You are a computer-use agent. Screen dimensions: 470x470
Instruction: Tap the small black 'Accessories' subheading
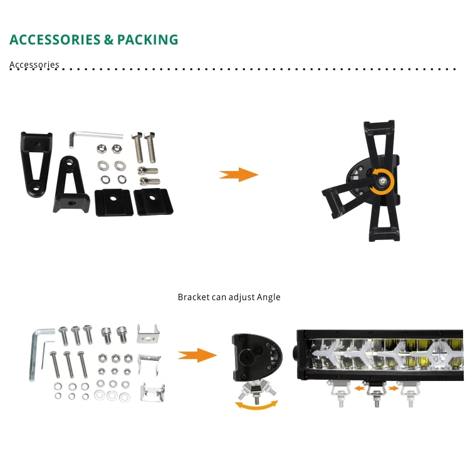(34, 65)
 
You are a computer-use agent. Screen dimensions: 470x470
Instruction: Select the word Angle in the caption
(269, 297)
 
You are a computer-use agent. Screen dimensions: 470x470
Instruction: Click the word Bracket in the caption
(193, 297)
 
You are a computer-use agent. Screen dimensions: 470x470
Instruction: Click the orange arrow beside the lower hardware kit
(197, 355)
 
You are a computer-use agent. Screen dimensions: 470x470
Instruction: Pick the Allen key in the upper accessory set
(94, 135)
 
